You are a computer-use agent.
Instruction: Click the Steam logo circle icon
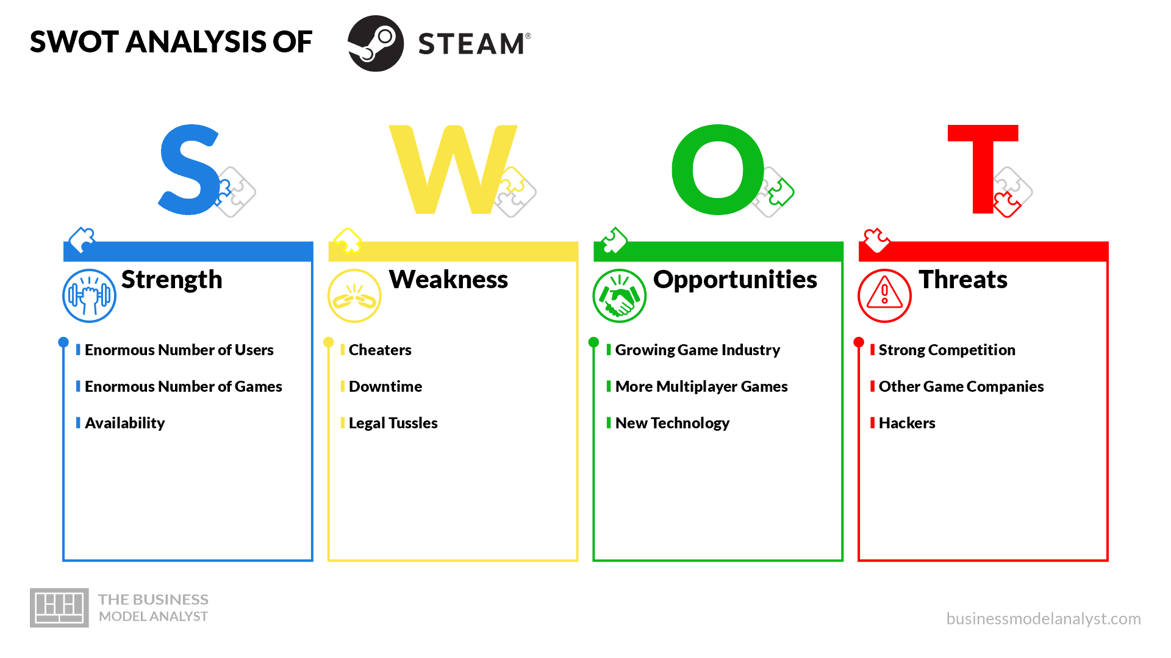coord(376,43)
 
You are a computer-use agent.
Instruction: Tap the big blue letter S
coord(189,170)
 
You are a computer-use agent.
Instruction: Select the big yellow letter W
coord(453,170)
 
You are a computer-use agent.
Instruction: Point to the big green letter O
coord(718,170)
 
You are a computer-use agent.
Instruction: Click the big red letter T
coord(983,169)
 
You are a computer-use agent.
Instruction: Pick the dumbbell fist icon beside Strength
coord(89,296)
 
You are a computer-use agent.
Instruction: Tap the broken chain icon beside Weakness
coord(354,296)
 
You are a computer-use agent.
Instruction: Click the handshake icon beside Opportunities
coord(619,296)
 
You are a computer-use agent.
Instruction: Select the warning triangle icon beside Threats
coord(884,296)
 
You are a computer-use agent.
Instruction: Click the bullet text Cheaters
coord(380,350)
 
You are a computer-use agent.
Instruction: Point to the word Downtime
coord(385,386)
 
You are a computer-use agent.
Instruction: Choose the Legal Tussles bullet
coord(393,423)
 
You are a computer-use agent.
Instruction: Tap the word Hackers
coord(907,423)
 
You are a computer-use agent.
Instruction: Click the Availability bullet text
coord(124,423)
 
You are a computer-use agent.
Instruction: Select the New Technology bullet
coord(672,423)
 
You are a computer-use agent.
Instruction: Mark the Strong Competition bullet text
coord(947,350)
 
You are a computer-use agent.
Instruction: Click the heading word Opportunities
coord(735,280)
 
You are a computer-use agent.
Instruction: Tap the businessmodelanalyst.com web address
coord(1044,618)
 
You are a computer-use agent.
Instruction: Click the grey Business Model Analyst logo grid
coord(59,607)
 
